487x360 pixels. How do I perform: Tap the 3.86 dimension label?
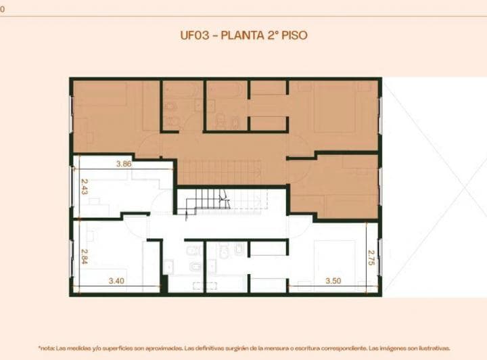[x=123, y=164]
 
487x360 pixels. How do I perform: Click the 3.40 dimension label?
[x=115, y=280]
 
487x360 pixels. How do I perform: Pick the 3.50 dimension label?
[x=333, y=280]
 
